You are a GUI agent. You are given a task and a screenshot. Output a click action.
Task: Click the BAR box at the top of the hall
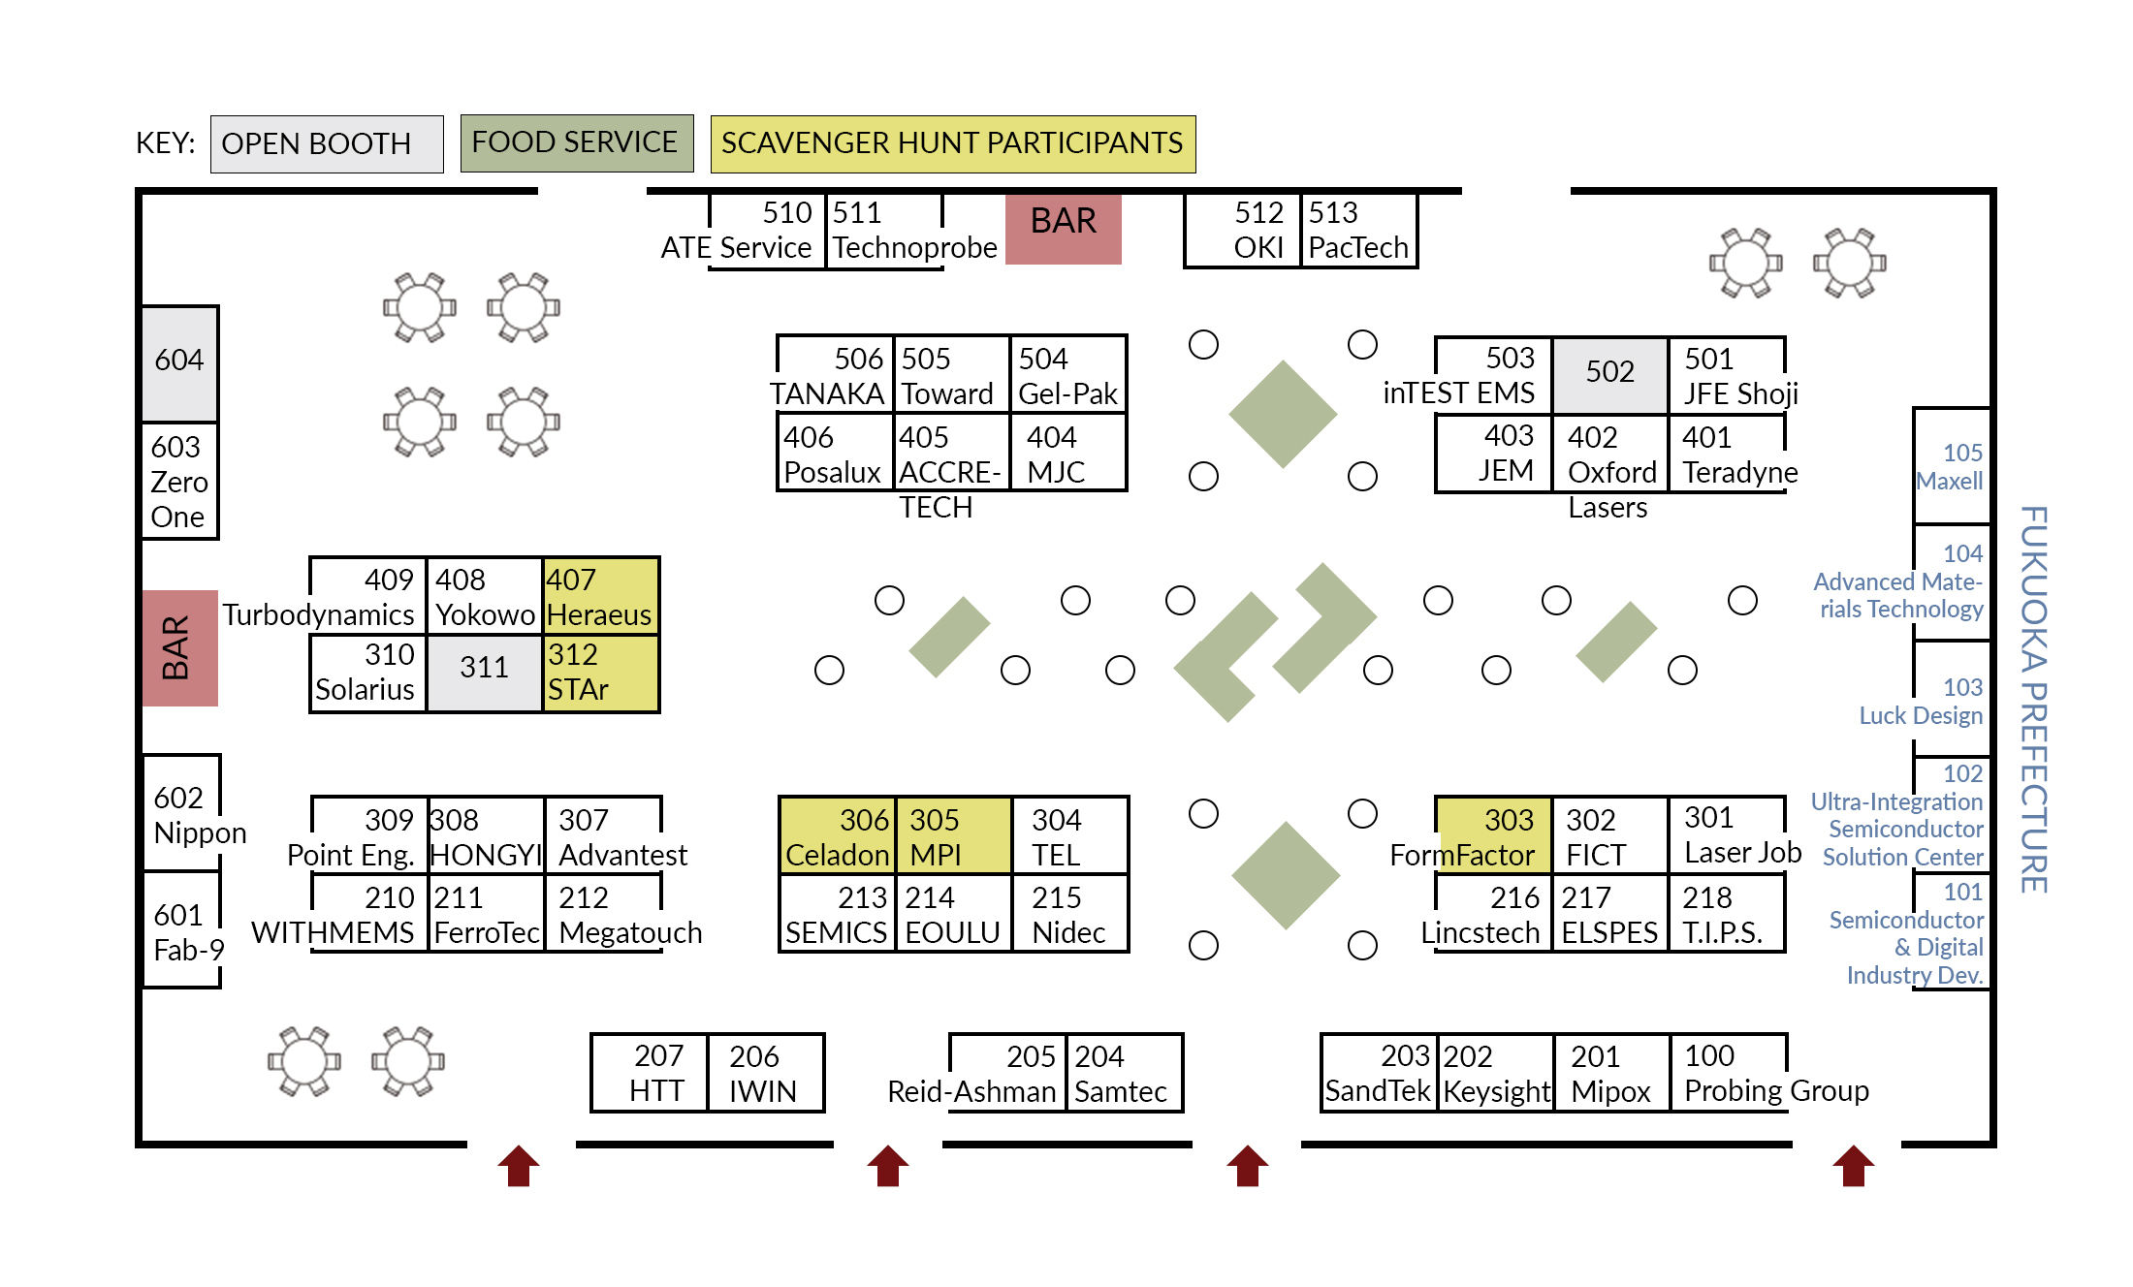[1063, 229]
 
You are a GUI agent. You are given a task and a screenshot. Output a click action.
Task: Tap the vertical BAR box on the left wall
[179, 647]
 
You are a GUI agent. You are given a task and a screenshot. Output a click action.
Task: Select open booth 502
[1609, 374]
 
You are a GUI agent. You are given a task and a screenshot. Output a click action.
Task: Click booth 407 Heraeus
[600, 596]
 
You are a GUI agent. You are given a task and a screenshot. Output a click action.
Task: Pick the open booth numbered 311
[484, 673]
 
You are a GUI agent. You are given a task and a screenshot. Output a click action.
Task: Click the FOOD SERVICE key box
[576, 143]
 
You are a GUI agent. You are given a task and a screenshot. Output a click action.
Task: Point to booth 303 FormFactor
[1493, 835]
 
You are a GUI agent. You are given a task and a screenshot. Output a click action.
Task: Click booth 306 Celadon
[838, 835]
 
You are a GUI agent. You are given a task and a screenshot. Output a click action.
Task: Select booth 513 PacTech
[1357, 231]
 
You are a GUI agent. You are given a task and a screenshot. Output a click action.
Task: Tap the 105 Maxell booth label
[1951, 466]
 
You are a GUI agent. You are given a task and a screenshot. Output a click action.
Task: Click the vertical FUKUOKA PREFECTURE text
[2033, 698]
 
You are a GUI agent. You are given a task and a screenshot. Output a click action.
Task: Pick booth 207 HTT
[650, 1073]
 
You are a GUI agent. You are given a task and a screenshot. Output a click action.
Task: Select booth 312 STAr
[600, 673]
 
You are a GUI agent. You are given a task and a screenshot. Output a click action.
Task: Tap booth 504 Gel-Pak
[1067, 375]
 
